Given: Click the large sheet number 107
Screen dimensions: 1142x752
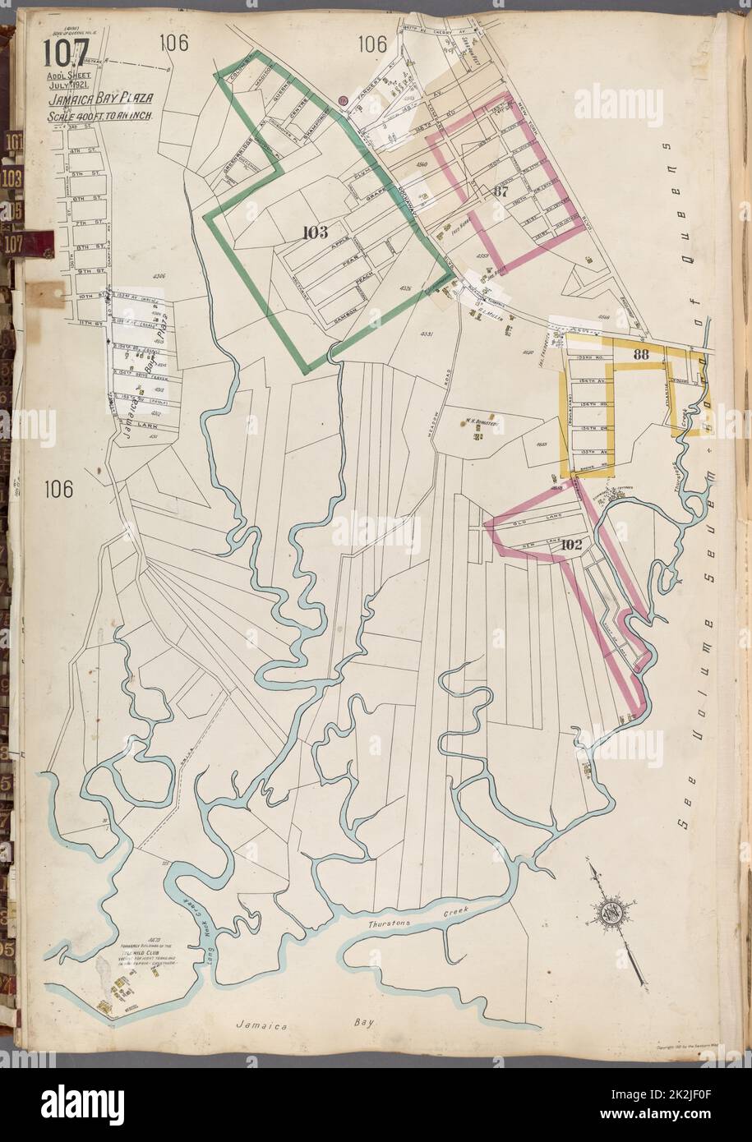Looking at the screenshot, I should pyautogui.click(x=67, y=55).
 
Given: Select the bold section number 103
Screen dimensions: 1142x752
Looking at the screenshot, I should pyautogui.click(x=314, y=231).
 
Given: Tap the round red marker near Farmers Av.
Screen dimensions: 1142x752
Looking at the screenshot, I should pyautogui.click(x=344, y=101).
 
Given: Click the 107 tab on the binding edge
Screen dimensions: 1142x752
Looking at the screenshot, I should pyautogui.click(x=14, y=244).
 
